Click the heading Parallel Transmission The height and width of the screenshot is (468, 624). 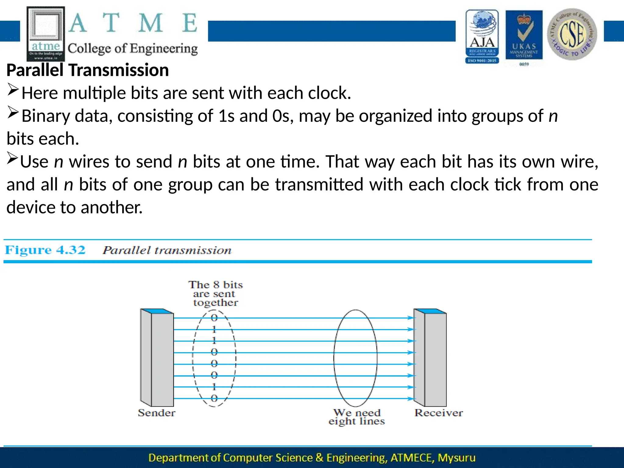click(87, 70)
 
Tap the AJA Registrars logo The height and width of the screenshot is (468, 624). click(482, 36)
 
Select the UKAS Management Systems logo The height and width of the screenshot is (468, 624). click(524, 36)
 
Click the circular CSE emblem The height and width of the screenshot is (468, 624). click(572, 34)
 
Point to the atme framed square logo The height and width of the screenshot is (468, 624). click(46, 34)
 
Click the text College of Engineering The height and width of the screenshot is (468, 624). click(133, 49)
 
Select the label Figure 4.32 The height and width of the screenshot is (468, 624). click(45, 250)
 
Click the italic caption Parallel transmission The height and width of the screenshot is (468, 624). click(167, 250)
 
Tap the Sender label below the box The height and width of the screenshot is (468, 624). click(156, 413)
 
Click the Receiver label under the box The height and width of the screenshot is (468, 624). click(438, 413)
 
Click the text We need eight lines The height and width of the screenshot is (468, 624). click(356, 417)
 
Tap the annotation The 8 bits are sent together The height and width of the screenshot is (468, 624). click(215, 293)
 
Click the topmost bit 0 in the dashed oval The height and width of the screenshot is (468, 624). click(214, 318)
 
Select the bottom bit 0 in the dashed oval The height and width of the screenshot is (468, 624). click(214, 398)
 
